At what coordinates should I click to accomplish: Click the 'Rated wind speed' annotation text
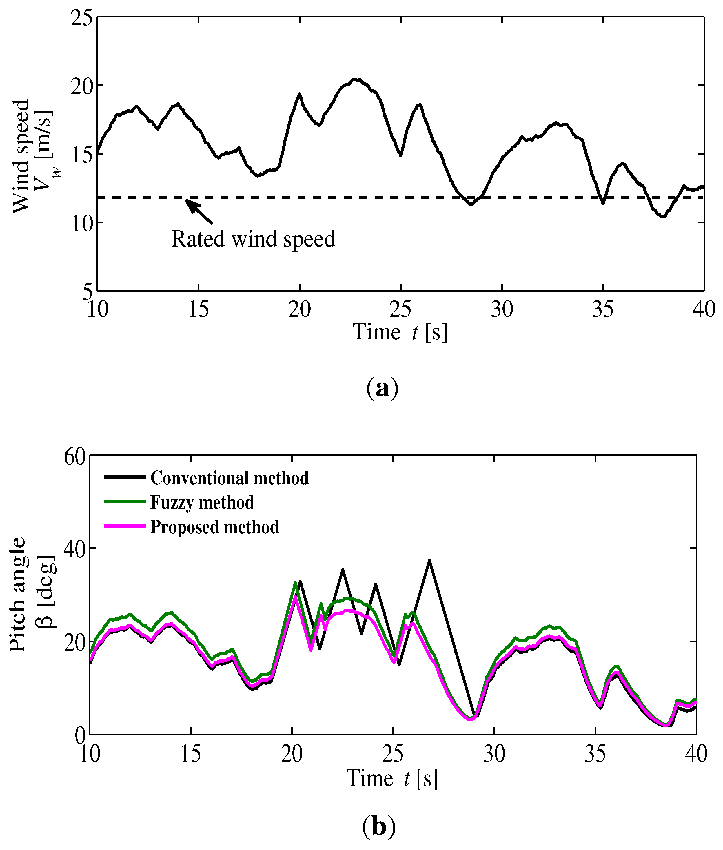tap(253, 239)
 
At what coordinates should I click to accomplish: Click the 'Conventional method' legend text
tap(229, 478)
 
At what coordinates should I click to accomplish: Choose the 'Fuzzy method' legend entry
tap(202, 503)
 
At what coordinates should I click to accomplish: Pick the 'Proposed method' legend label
tap(214, 528)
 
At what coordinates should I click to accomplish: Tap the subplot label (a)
tap(382, 388)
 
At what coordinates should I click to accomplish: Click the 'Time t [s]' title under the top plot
tap(400, 332)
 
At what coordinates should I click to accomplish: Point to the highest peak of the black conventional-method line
tap(429, 561)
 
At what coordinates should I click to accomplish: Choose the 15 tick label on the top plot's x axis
tap(198, 310)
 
